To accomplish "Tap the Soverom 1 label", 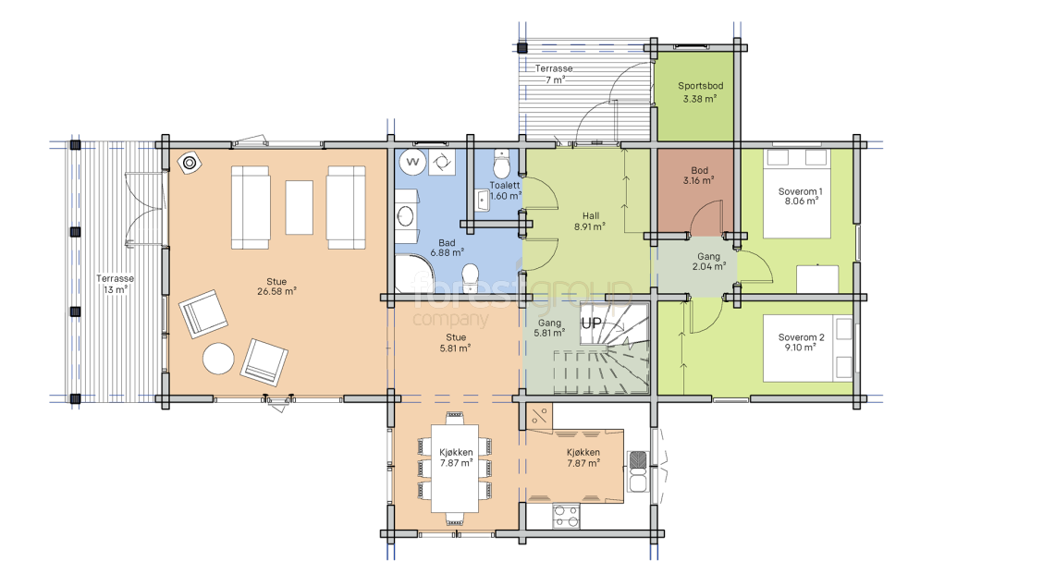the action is tap(800, 196).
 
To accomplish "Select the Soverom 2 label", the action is tap(801, 342).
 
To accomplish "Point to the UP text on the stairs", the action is tap(592, 324).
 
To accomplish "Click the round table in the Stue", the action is tap(218, 359).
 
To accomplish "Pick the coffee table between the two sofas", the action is tap(300, 208).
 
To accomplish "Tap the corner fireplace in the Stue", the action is tap(190, 163).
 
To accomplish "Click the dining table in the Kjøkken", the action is tap(455, 469).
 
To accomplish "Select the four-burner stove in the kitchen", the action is tap(566, 516).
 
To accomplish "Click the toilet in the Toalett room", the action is tap(502, 163).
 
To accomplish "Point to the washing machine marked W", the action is tap(412, 162).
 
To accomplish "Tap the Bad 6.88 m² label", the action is tap(447, 248).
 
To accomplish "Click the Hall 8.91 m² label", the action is tap(590, 221).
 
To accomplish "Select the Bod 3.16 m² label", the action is tap(699, 176).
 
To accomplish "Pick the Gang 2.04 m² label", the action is tap(709, 262).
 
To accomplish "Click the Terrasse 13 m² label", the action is tap(115, 284).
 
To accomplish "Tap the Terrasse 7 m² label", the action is tap(554, 74).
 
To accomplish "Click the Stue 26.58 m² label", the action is tap(276, 287).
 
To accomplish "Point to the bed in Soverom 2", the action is tap(807, 348).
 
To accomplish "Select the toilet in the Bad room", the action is tap(471, 278).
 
